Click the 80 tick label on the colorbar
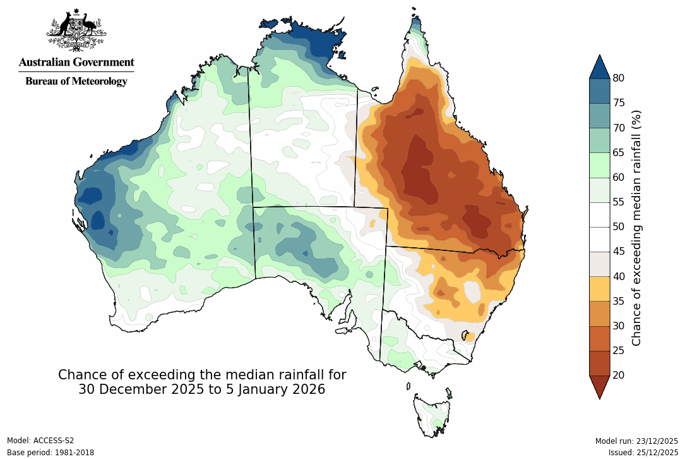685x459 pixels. point(619,78)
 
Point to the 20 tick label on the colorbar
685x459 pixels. point(619,376)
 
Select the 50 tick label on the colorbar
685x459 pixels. point(619,227)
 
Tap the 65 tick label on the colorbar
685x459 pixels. point(619,152)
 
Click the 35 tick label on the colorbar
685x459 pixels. point(619,301)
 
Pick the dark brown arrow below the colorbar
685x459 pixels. point(599,385)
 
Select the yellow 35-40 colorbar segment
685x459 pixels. point(599,288)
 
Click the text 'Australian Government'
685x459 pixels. point(76,62)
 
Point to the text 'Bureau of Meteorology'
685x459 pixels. point(76,81)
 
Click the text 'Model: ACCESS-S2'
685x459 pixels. point(40,441)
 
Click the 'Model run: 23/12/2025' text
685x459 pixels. point(636,441)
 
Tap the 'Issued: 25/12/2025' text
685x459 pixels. point(643,453)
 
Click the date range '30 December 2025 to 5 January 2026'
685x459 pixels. point(202,389)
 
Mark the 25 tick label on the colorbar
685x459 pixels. point(619,350)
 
